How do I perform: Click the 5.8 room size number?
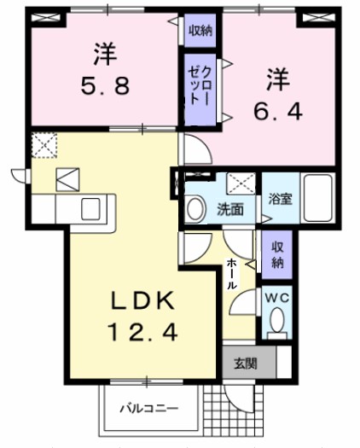click(104, 85)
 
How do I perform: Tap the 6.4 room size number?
click(275, 110)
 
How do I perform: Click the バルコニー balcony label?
click(148, 408)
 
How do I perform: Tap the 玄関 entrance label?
click(245, 363)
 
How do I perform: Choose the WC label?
click(276, 298)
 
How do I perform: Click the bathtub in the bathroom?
click(317, 198)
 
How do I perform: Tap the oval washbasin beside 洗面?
click(195, 207)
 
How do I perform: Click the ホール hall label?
click(231, 275)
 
